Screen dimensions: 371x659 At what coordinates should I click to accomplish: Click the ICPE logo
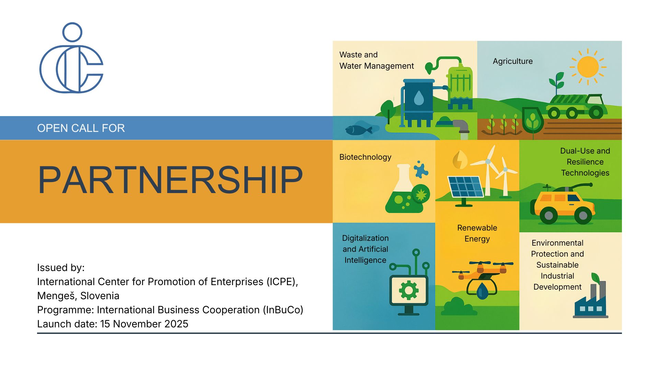(71, 58)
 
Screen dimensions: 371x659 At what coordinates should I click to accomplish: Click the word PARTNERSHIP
(170, 180)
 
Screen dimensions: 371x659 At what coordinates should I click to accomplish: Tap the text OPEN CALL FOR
(81, 128)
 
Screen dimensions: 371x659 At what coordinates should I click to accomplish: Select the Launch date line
(113, 324)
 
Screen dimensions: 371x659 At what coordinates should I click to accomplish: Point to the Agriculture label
(513, 61)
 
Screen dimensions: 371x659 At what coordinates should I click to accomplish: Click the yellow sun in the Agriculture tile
(588, 67)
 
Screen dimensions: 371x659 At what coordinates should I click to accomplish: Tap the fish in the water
(359, 130)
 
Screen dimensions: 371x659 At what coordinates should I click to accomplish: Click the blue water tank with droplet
(419, 100)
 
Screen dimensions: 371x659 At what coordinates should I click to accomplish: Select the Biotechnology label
(365, 157)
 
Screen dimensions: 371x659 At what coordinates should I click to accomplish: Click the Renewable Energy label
(477, 233)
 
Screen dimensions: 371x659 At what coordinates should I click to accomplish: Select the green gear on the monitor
(408, 291)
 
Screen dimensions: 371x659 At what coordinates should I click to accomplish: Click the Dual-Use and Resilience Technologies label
(585, 162)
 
